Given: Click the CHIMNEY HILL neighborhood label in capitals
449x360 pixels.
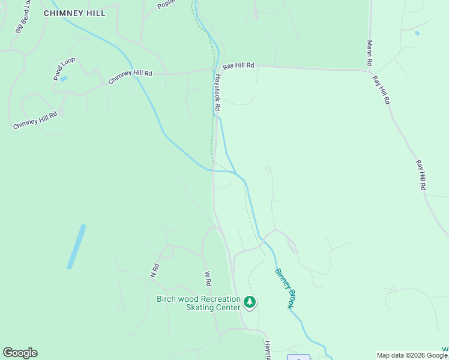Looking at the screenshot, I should [74, 13].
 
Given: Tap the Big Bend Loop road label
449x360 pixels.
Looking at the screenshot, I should [23, 20].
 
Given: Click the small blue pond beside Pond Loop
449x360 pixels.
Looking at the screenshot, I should [64, 79].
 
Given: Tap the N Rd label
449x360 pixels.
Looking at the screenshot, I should [154, 271].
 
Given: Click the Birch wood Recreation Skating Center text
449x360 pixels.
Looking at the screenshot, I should [198, 303].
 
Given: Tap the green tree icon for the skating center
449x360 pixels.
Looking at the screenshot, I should [249, 302].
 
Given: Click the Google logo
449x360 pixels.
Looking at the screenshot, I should [20, 353].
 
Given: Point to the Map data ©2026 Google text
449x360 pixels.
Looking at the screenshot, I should [412, 355].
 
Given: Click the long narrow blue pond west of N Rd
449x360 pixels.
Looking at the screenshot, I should [76, 246].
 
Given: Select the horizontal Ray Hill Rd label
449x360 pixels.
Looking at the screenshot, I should [238, 65].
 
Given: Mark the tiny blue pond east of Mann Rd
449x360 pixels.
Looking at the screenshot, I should [417, 34].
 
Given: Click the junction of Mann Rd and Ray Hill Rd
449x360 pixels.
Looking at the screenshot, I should [369, 71].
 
